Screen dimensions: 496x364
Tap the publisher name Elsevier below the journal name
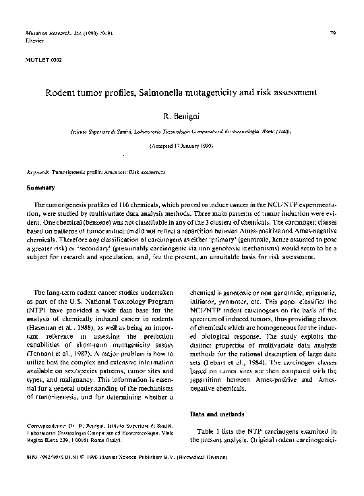click(x=33, y=40)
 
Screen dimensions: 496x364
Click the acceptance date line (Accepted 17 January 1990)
click(x=181, y=146)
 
